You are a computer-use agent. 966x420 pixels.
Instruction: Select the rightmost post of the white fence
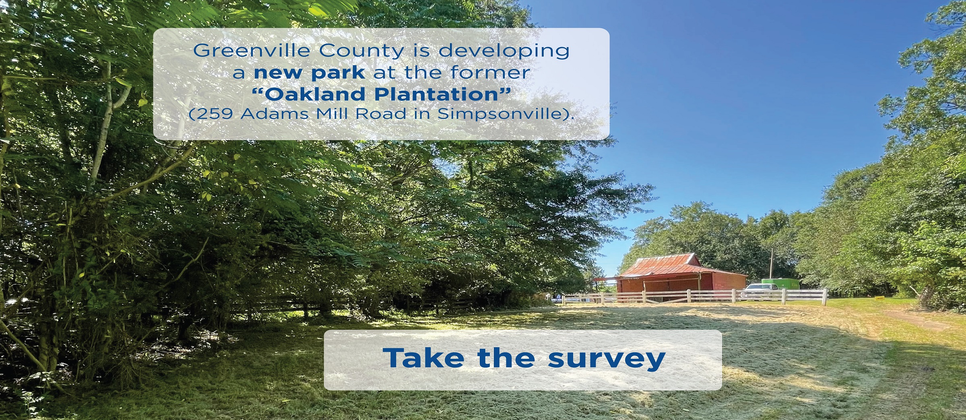tap(826, 297)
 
